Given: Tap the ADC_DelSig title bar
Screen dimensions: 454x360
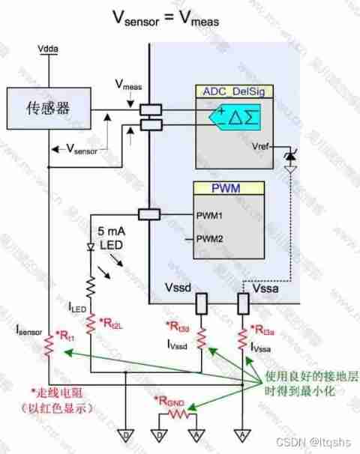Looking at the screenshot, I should [232, 91].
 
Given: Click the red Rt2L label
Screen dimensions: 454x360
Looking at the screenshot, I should [111, 321].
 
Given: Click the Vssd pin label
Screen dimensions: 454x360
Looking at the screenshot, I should [178, 287].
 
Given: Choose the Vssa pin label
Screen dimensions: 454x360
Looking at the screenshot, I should [267, 287].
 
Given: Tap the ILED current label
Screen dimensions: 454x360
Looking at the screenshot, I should [79, 306].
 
